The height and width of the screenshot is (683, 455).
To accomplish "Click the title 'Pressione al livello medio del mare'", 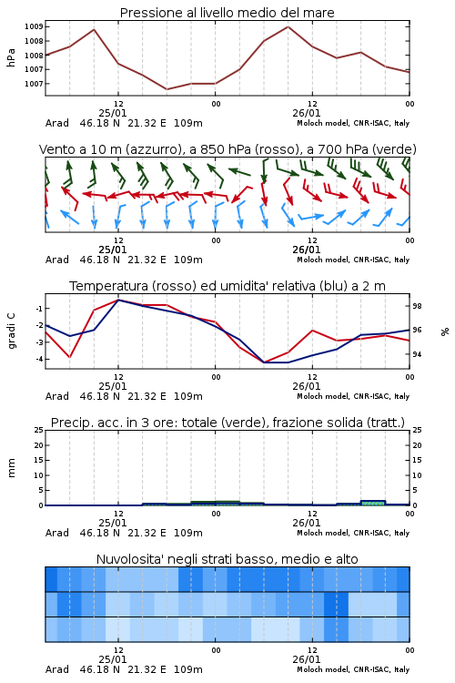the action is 227,13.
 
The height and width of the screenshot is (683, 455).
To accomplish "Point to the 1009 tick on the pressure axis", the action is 34,26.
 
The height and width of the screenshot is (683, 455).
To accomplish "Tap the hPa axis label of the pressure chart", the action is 11,57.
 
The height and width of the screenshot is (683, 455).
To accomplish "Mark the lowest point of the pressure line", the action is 167,89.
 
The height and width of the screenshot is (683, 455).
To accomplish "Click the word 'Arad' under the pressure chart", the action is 57,123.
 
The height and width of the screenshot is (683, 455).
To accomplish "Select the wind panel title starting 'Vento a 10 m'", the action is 227,149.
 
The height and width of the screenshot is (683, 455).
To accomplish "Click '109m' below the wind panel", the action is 188,260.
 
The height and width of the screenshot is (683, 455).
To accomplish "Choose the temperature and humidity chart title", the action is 227,286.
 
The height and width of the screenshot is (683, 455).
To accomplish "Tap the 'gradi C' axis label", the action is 11,331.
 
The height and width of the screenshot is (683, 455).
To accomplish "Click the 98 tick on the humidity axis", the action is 417,306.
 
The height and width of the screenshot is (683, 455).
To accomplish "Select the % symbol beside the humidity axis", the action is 445,331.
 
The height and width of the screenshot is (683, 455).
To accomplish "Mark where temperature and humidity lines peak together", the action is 118,300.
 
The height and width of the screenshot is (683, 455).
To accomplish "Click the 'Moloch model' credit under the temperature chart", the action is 323,396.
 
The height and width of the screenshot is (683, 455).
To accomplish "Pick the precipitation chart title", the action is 227,423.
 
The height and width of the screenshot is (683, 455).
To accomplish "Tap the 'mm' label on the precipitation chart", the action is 11,468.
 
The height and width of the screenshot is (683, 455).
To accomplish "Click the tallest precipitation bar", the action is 374,503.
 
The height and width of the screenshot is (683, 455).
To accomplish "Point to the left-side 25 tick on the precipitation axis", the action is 39,430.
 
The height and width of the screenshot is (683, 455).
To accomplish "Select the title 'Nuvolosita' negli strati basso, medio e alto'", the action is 227,559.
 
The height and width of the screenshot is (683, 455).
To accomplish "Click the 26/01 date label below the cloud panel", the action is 306,659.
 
